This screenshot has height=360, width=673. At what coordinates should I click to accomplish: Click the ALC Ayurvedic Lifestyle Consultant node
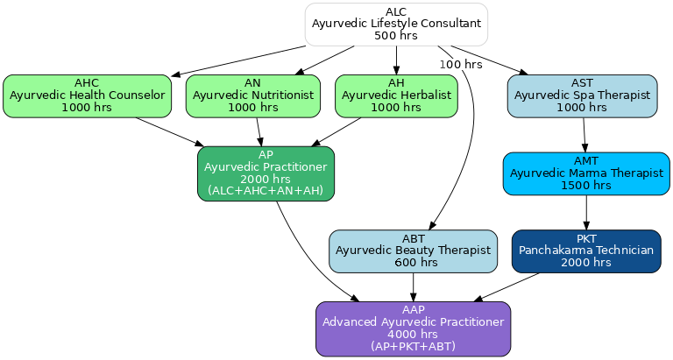coord(396,24)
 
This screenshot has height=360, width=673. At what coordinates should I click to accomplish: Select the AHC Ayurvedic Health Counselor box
coord(87,95)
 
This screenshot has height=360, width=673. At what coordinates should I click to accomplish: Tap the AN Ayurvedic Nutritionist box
coord(252,95)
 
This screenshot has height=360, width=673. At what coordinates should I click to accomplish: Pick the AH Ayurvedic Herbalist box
coord(396,95)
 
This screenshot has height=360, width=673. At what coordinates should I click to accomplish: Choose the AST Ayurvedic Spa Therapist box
coord(582,95)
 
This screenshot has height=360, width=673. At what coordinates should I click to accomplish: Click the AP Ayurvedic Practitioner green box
coord(266,173)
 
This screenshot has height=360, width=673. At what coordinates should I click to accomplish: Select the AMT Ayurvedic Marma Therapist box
coord(585,173)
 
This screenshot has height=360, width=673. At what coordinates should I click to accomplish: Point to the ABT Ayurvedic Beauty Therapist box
coord(413,251)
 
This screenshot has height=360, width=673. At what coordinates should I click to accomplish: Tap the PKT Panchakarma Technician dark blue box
coord(585,251)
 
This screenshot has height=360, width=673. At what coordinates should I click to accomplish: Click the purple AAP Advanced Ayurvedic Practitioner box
coord(413,328)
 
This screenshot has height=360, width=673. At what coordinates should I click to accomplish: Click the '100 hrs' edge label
coord(461,65)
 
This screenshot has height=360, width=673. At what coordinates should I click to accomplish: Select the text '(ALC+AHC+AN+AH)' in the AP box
coord(266,191)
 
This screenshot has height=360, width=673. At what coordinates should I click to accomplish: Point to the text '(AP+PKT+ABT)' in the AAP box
coord(413,346)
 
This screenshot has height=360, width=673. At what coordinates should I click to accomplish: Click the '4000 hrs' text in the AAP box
coord(413,334)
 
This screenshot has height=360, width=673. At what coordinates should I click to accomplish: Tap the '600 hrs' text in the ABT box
coord(413,262)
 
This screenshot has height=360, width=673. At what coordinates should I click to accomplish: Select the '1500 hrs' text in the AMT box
coord(585,185)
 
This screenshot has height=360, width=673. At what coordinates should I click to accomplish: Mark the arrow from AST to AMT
coord(584,135)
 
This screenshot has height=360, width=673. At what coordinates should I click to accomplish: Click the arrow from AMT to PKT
coord(585,212)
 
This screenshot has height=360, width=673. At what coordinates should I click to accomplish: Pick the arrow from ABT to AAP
coord(413,286)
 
